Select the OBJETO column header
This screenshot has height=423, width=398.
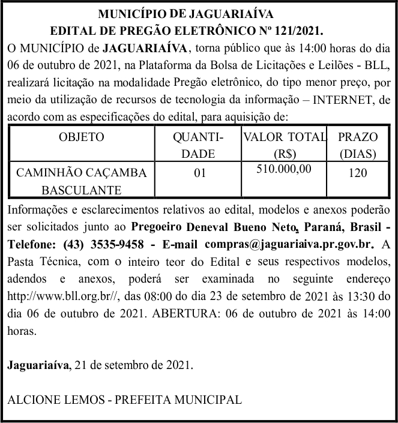(x=82, y=137)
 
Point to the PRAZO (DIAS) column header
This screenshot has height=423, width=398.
(x=358, y=145)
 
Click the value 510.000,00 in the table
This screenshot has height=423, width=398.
(x=284, y=169)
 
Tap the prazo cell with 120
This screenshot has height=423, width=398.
(x=358, y=173)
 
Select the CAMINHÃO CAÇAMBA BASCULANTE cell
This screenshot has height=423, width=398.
(x=82, y=182)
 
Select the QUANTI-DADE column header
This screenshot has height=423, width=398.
(x=198, y=145)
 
